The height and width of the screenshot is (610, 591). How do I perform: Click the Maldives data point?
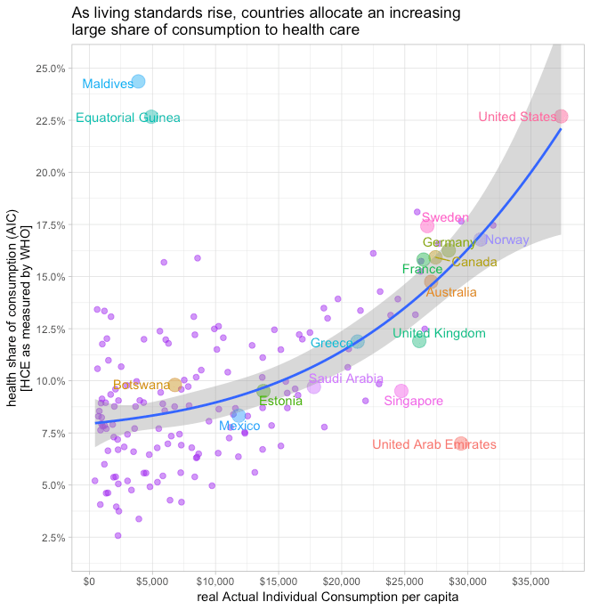138,82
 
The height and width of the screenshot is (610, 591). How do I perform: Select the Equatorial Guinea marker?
151,117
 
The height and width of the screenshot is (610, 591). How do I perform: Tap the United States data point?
561,117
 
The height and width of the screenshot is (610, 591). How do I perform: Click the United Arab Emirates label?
434,444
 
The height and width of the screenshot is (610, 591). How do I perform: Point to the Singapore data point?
401,391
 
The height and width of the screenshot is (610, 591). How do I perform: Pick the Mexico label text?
239,427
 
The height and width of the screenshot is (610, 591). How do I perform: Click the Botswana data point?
174,385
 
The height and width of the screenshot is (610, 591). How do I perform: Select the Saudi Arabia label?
346,378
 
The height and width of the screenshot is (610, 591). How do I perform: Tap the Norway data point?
481,240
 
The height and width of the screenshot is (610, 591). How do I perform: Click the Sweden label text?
445,217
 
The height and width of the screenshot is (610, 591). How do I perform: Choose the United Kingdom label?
439,334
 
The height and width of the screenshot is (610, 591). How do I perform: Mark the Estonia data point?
263,391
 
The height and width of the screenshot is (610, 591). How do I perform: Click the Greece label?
331,344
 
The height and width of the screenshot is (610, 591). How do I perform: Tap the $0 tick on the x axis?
89,581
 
